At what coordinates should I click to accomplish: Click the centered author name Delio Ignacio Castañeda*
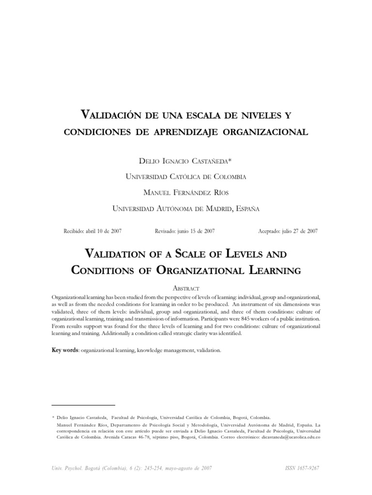pyautogui.click(x=186, y=160)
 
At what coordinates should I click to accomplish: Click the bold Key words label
pyautogui.click(x=65, y=350)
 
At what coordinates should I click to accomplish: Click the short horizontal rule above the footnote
pyautogui.click(x=83, y=405)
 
